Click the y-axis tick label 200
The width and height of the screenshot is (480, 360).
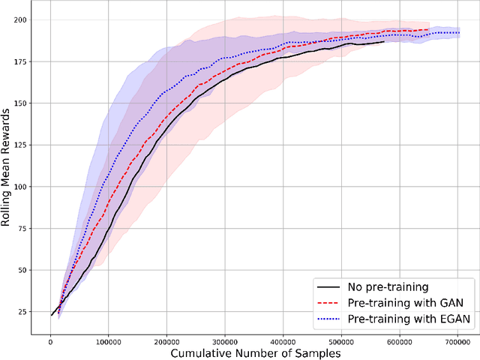pos(25,20)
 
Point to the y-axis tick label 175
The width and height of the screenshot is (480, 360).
pos(25,62)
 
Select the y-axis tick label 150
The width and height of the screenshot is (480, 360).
pos(25,103)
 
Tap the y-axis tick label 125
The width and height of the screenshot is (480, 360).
pos(25,145)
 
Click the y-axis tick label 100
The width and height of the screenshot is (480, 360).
pos(25,187)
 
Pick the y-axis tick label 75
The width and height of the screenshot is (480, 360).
pos(28,229)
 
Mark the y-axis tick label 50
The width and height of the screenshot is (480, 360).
pos(28,270)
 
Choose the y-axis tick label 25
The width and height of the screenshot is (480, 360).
pos(28,312)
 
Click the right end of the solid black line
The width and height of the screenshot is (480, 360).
pos(384,42)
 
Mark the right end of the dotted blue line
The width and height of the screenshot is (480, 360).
pos(459,32)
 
